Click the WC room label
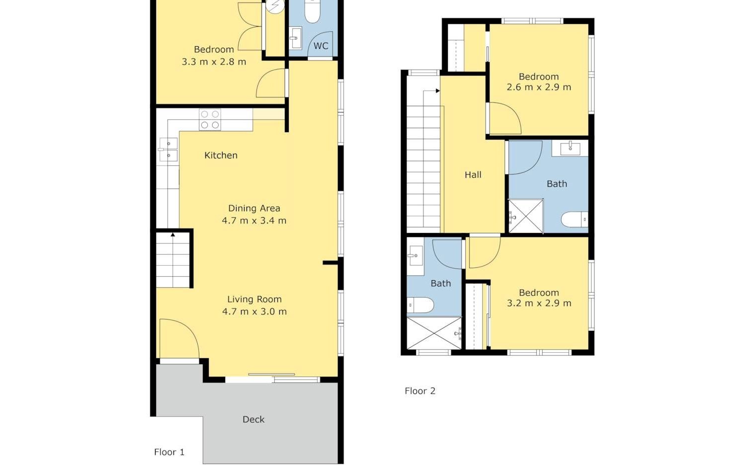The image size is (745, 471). pyautogui.click(x=321, y=46)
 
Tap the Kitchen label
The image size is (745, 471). pyautogui.click(x=221, y=155)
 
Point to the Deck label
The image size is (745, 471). pyautogui.click(x=253, y=419)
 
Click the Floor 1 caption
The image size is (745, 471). pyautogui.click(x=169, y=452)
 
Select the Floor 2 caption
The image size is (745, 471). pyautogui.click(x=420, y=391)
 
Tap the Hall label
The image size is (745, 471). pyautogui.click(x=473, y=175)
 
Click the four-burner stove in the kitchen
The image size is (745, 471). pyautogui.click(x=210, y=120)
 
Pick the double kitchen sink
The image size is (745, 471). pyautogui.click(x=168, y=150)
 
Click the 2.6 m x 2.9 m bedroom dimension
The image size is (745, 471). pyautogui.click(x=539, y=87)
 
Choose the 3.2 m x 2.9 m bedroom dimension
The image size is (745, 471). pyautogui.click(x=539, y=303)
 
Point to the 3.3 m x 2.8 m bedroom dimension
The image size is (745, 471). pyautogui.click(x=214, y=62)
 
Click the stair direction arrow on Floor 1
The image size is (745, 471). pyautogui.click(x=173, y=235)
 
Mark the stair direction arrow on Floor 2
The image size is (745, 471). pyautogui.click(x=438, y=91)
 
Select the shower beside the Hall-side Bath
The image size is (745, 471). pyautogui.click(x=526, y=216)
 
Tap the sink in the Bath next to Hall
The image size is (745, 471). pyautogui.click(x=570, y=149)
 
